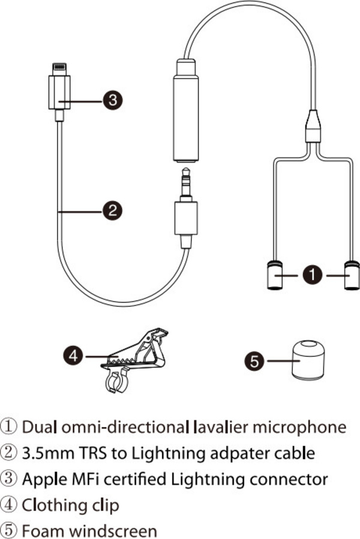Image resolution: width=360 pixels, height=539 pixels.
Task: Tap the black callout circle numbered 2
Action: [x=112, y=210]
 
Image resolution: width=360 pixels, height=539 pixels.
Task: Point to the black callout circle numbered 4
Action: [x=73, y=356]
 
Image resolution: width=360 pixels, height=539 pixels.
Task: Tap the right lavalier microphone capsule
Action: [x=351, y=275]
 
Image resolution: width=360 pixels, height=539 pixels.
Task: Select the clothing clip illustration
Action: [x=134, y=359]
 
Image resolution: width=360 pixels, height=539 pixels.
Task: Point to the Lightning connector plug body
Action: [x=60, y=93]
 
